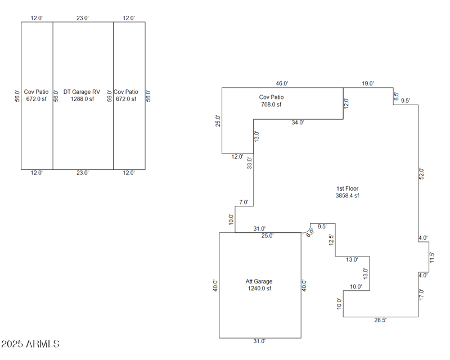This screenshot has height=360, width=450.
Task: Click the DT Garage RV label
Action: tap(82, 92)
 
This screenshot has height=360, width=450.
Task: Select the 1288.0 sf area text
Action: tap(82, 99)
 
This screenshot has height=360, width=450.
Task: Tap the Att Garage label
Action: tap(259, 281)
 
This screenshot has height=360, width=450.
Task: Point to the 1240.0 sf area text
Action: tap(259, 289)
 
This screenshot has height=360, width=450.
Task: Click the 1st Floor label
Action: tap(347, 188)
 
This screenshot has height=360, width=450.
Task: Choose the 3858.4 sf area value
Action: tap(347, 196)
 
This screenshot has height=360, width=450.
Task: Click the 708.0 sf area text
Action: tap(271, 105)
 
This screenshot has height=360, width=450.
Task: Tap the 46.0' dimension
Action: tap(282, 83)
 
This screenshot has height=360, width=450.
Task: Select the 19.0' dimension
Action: tap(368, 83)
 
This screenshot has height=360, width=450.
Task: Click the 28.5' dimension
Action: tap(381, 320)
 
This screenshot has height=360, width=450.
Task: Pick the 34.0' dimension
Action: tap(298, 122)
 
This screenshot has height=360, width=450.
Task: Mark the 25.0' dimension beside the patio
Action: tap(218, 121)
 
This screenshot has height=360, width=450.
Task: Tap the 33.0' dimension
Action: tap(250, 163)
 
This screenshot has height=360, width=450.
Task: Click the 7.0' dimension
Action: tap(244, 202)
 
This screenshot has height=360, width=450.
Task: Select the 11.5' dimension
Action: tap(431, 258)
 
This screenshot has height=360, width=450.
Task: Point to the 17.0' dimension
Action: tap(421, 294)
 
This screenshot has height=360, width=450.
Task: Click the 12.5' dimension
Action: tap(332, 240)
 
